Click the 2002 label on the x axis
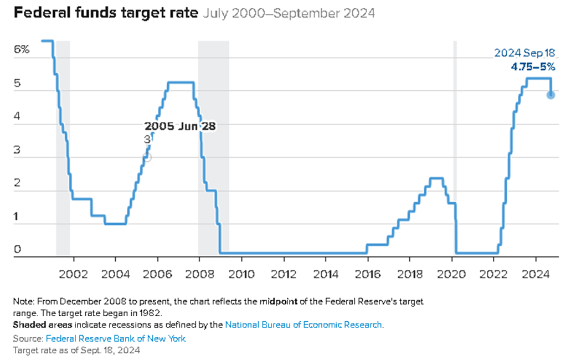(73, 274)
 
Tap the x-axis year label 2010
(241, 274)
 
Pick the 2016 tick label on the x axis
(367, 274)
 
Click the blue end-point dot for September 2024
(551, 95)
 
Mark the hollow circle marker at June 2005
(147, 157)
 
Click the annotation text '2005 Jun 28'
(180, 126)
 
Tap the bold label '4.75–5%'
(532, 67)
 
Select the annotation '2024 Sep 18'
(524, 54)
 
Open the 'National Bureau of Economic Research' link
(303, 325)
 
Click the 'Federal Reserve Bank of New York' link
(116, 338)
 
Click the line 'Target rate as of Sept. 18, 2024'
(76, 350)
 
